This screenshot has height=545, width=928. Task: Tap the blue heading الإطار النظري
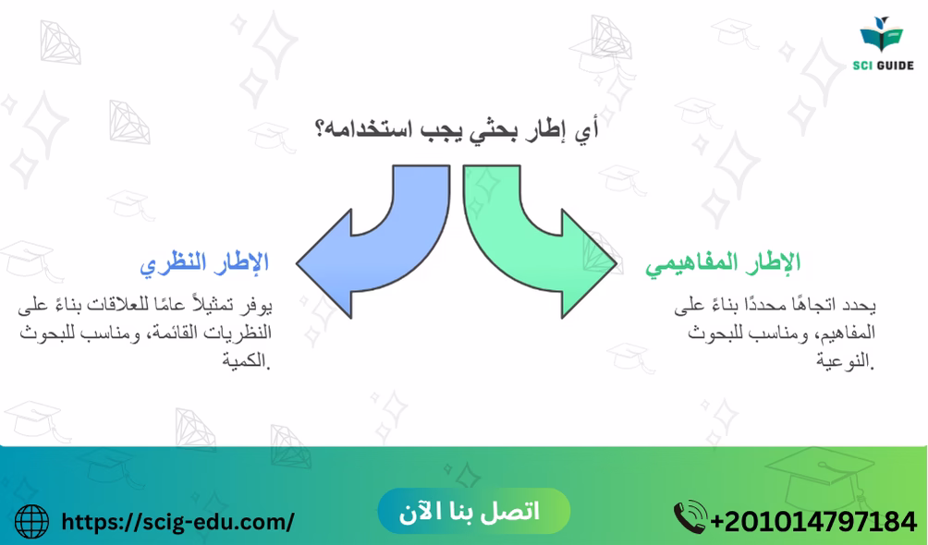(x=204, y=262)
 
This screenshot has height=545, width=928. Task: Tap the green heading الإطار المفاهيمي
(x=723, y=262)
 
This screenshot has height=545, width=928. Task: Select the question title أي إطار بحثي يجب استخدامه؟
(x=457, y=129)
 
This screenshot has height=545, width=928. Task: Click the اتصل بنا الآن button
(x=473, y=511)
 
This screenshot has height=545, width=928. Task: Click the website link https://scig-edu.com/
(x=177, y=522)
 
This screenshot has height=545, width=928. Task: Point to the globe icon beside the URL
(x=31, y=521)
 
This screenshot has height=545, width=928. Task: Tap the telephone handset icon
(x=690, y=517)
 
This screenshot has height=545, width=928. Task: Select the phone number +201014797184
(x=813, y=522)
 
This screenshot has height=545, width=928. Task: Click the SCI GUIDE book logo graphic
(x=882, y=34)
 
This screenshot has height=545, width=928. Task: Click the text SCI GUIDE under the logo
(x=883, y=65)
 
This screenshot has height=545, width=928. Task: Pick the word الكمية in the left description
(x=246, y=359)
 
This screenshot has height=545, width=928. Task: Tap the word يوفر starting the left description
(x=258, y=306)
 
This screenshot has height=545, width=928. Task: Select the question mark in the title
(x=320, y=128)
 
